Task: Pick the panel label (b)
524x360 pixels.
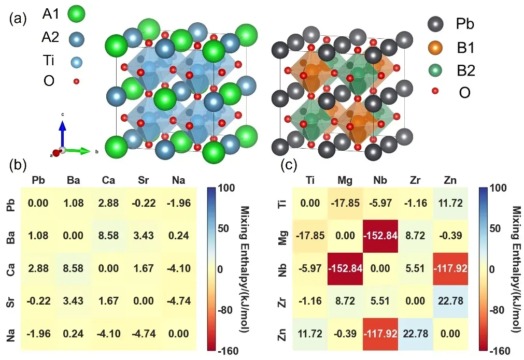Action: [x=19, y=166]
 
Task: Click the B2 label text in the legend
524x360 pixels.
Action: [x=464, y=70]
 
